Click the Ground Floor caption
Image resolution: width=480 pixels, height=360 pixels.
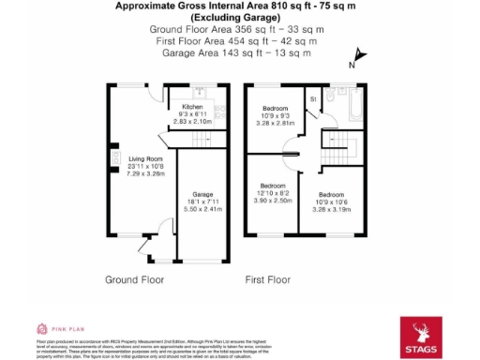pyautogui.click(x=133, y=279)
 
